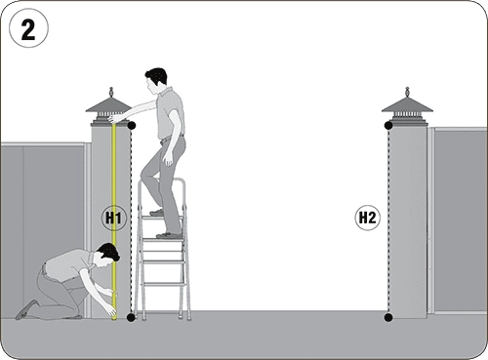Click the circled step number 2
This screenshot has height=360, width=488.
pos(28,28)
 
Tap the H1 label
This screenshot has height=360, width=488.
pos(113,218)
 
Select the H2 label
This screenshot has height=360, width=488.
pos(367,218)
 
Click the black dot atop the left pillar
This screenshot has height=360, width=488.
pos(131,126)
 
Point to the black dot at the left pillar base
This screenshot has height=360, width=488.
pos(131,317)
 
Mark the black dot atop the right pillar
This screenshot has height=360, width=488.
pos(388,126)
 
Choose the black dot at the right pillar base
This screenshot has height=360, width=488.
pos(388,317)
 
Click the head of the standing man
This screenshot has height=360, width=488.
pos(156,79)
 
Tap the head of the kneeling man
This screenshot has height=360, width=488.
pos(109,255)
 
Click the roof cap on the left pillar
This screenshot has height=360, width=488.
pos(108,110)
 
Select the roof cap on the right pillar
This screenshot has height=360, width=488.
pos(407,110)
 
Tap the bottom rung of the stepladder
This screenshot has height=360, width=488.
pos(164,285)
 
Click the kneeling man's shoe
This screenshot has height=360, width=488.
pos(26,309)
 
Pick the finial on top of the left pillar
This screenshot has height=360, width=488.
pos(111,92)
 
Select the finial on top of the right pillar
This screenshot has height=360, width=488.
pos(407,92)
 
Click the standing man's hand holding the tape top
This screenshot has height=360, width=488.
pos(114,118)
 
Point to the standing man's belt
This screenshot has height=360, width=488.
pos(172,138)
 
